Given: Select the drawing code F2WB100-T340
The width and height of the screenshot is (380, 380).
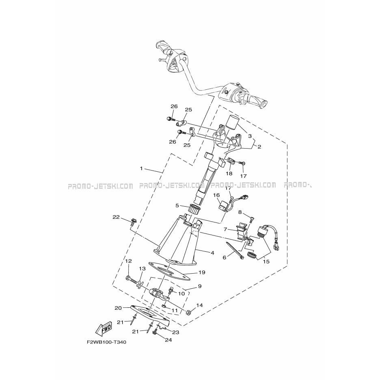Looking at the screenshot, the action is click(106, 342).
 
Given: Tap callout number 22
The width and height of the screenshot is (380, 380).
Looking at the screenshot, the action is click(117, 217).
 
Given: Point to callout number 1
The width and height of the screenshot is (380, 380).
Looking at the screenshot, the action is click(142, 168).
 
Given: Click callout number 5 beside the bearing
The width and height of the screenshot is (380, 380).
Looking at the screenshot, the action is click(177, 205).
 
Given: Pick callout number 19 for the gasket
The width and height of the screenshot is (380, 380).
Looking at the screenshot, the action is click(202, 272).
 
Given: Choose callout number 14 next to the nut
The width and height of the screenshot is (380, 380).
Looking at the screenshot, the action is click(199, 305).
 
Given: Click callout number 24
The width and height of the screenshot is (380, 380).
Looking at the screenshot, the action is click(168, 340).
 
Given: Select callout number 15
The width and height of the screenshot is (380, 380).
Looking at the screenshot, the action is click(266, 261).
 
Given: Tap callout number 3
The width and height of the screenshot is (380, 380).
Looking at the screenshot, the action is click(250, 136).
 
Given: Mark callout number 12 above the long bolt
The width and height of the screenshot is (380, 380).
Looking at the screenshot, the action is click(128, 261).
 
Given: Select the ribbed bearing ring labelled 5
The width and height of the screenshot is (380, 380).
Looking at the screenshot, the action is click(194, 209).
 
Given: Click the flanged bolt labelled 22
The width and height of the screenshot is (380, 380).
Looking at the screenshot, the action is click(132, 222).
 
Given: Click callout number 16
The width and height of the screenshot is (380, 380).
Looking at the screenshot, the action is click(216, 195).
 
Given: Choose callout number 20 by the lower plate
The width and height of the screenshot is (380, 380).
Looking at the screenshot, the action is click(118, 308).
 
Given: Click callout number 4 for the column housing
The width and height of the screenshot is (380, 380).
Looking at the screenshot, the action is click(213, 253).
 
